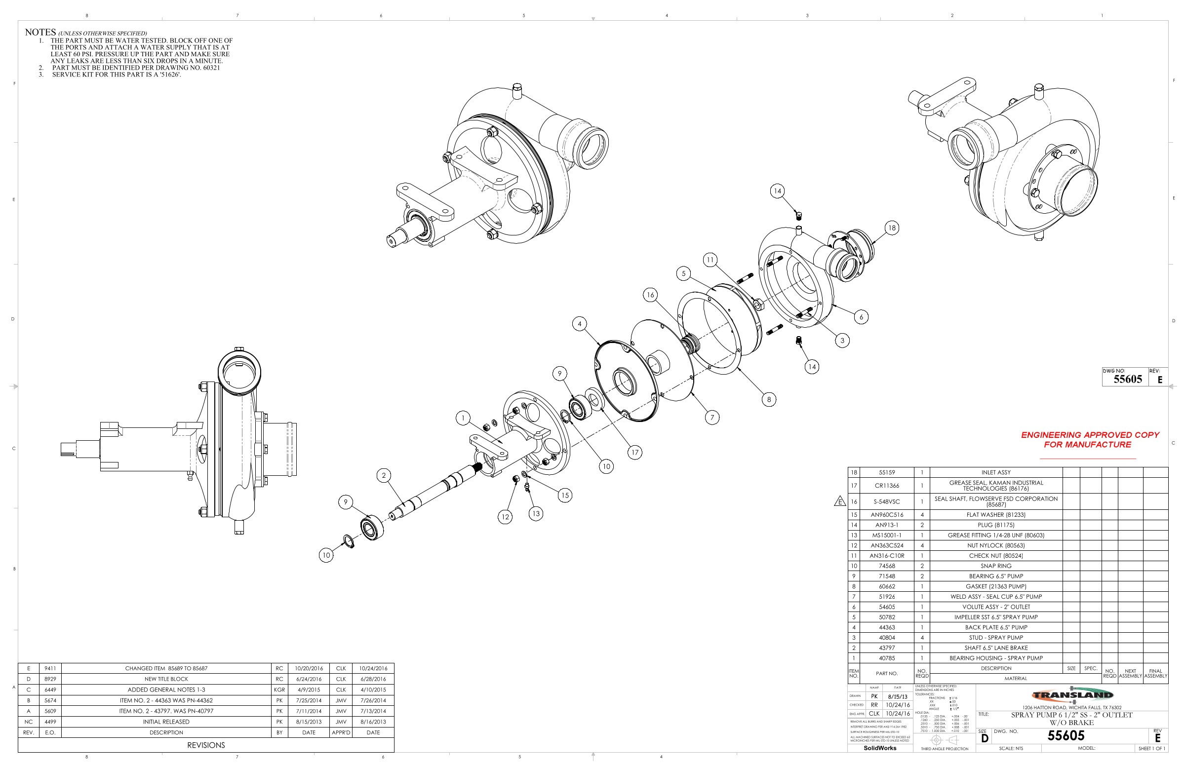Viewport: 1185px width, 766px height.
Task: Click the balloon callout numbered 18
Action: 892,228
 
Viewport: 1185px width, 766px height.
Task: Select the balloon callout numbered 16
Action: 650,295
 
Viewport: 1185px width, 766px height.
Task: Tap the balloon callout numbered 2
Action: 384,475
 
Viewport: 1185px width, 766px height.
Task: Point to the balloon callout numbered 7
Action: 712,418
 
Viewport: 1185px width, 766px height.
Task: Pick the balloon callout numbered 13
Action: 536,513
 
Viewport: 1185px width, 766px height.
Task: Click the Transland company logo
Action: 1072,695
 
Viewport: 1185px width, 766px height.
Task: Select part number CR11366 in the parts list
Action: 886,486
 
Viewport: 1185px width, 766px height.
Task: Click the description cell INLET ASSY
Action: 995,472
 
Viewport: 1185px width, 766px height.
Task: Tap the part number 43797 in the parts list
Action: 886,648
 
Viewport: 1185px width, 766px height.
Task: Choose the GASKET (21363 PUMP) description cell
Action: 995,586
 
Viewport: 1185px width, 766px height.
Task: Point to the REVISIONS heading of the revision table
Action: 206,745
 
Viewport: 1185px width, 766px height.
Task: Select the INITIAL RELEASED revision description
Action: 166,722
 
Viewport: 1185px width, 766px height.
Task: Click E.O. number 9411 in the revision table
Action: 50,668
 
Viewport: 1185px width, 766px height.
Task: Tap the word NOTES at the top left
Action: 40,33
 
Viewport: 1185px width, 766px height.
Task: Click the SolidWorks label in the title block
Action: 879,748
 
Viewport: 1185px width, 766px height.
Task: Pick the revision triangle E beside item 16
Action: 840,501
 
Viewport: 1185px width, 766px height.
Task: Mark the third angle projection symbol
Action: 944,740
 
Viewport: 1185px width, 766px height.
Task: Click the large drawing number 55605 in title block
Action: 1066,736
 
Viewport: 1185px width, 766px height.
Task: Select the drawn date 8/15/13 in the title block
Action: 898,697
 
